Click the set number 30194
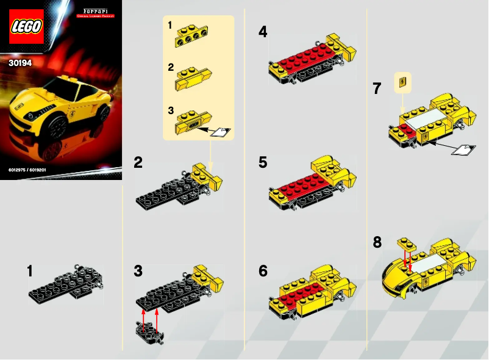(x=20, y=62)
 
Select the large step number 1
(x=30, y=272)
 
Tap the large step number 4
(x=263, y=32)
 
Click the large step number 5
(x=263, y=162)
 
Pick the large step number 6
(x=263, y=271)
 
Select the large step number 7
(x=378, y=89)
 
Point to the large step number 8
(x=377, y=242)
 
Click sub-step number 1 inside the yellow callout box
(x=171, y=25)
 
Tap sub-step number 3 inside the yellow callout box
(x=171, y=110)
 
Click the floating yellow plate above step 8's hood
(x=407, y=244)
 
